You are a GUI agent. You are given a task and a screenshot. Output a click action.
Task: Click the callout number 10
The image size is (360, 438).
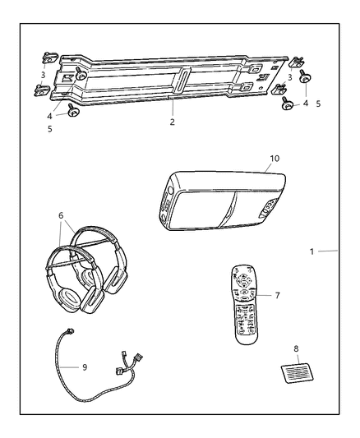275,158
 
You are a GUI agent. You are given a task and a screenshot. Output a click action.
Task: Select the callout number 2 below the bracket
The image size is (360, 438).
172,121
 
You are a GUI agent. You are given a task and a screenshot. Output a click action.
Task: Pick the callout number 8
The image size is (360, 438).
296,348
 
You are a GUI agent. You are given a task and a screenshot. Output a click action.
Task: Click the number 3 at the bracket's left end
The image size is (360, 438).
44,76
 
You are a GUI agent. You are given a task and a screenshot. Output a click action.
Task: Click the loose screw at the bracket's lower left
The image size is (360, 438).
72,112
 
